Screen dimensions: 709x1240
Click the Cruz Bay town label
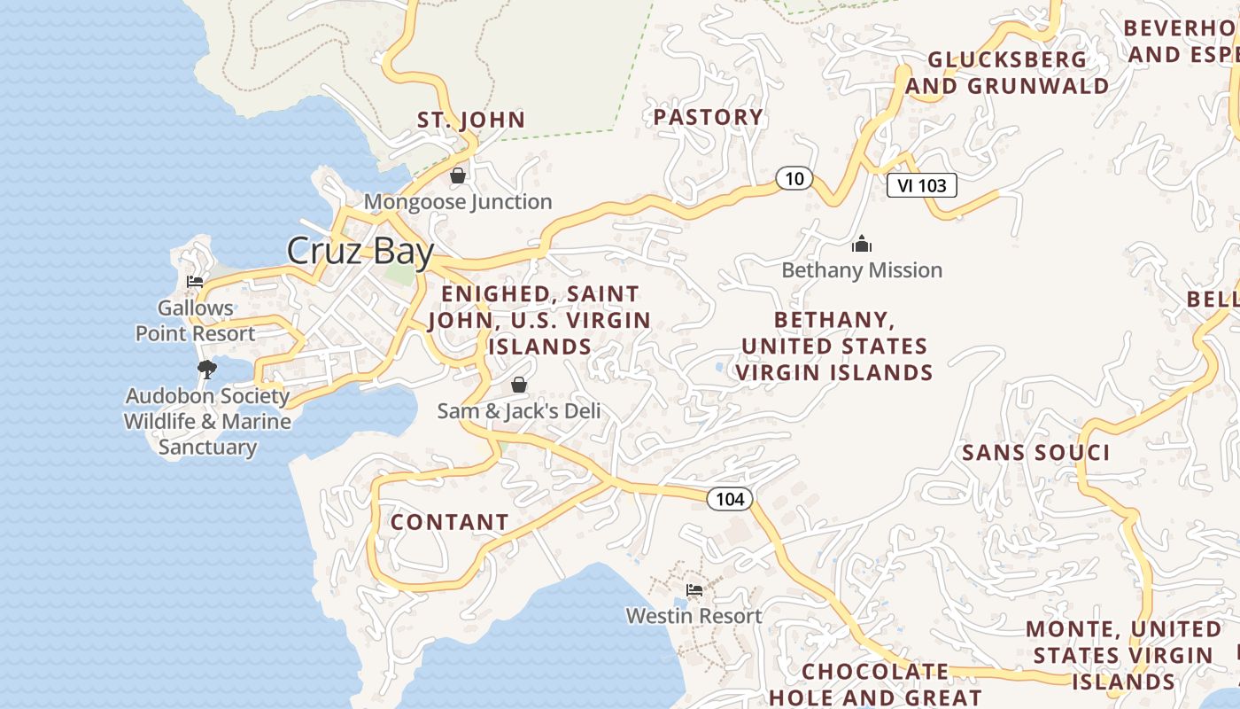coord(360,251)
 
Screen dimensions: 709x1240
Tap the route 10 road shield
coord(794,179)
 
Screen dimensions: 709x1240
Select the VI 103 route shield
coord(921,185)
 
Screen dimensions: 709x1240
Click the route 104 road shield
coord(730,499)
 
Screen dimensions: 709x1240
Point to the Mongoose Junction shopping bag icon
coord(458,175)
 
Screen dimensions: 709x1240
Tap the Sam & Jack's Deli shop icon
coord(519,385)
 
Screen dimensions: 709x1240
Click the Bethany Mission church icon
coord(862,245)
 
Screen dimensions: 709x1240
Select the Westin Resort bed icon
coord(694,590)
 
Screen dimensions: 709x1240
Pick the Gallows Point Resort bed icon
coord(195,282)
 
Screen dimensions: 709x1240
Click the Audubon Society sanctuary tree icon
coord(207,369)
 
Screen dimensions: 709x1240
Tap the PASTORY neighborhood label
coord(708,117)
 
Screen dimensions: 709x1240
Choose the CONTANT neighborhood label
coord(449,523)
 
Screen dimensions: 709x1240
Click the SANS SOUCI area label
coord(1035,453)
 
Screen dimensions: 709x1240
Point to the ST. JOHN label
coord(471,120)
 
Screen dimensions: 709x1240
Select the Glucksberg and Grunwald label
coord(1007,73)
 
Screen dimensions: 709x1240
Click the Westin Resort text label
coord(694,616)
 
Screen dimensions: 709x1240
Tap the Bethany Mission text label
coord(862,270)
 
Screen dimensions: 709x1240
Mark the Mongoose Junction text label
coord(458,202)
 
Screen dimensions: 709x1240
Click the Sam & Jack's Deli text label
coord(519,411)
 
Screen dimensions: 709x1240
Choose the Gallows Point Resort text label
coord(195,321)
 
